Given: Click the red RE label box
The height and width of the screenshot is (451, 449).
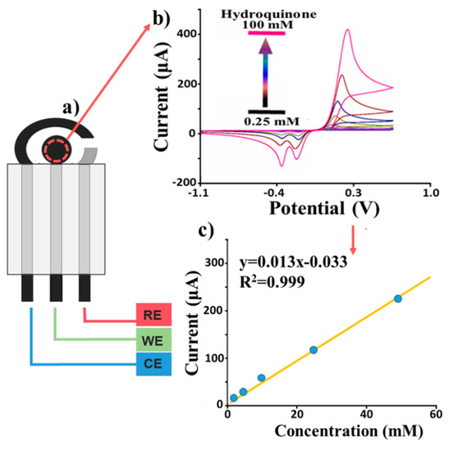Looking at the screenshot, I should click(x=153, y=314).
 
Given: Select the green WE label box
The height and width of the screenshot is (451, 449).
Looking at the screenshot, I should click(x=153, y=339).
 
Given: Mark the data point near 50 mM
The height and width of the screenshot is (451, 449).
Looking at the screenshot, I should click(x=398, y=298).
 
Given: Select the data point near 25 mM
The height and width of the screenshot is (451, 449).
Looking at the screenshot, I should click(x=314, y=350).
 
